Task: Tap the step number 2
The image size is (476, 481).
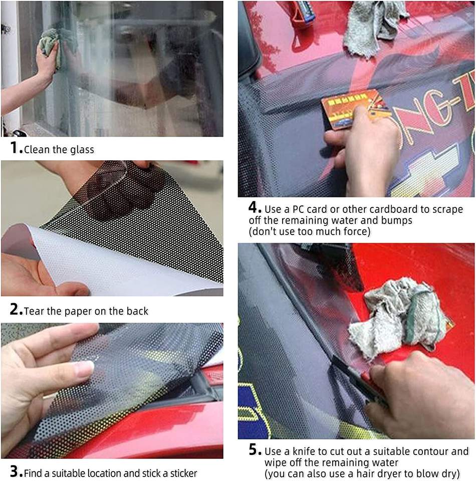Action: click(15, 309)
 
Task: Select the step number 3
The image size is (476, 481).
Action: click(15, 471)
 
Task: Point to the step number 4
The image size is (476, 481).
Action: click(254, 207)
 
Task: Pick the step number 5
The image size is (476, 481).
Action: click(254, 449)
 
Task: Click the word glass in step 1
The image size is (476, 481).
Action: click(82, 150)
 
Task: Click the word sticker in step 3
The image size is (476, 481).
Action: click(183, 473)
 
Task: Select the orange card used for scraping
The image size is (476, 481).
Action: click(353, 109)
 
